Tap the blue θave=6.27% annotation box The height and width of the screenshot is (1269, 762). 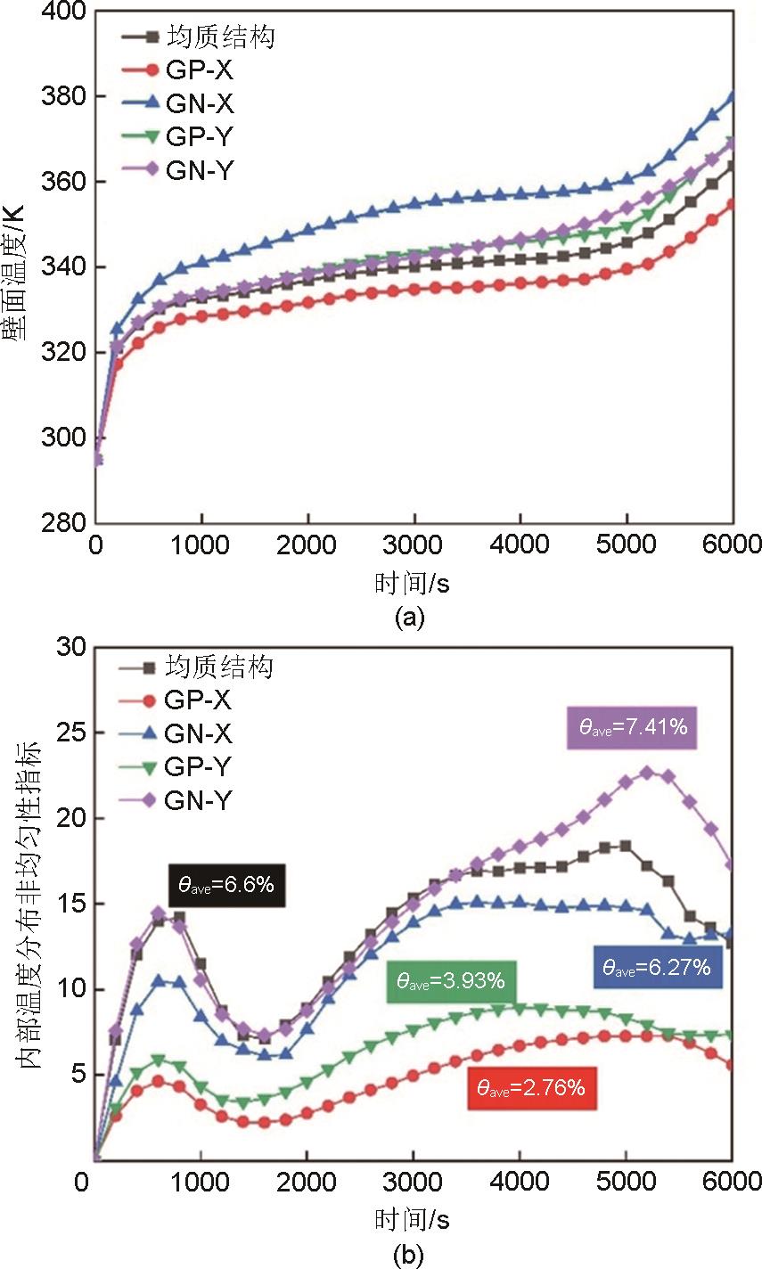657,966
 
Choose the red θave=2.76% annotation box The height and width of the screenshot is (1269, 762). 531,1088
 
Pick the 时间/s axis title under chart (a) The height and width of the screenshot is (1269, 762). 414,584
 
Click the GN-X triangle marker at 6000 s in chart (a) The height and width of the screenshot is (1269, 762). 733,95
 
